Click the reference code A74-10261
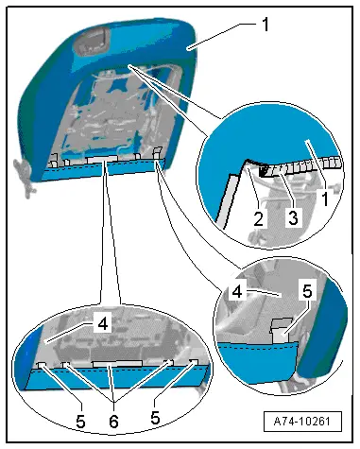302,421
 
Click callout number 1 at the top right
266,25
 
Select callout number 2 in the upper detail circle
258,218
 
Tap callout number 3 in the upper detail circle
293,217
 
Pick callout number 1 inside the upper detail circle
325,198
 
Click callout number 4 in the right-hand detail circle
237,291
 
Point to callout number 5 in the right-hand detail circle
307,290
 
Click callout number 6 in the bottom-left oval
113,421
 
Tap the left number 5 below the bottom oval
80,421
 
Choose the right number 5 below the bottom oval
155,417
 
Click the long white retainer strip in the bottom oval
117,364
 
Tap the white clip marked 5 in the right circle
280,330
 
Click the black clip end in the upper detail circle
264,171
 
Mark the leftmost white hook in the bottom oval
43,365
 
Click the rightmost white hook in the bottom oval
195,362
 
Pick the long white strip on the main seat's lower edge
101,159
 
